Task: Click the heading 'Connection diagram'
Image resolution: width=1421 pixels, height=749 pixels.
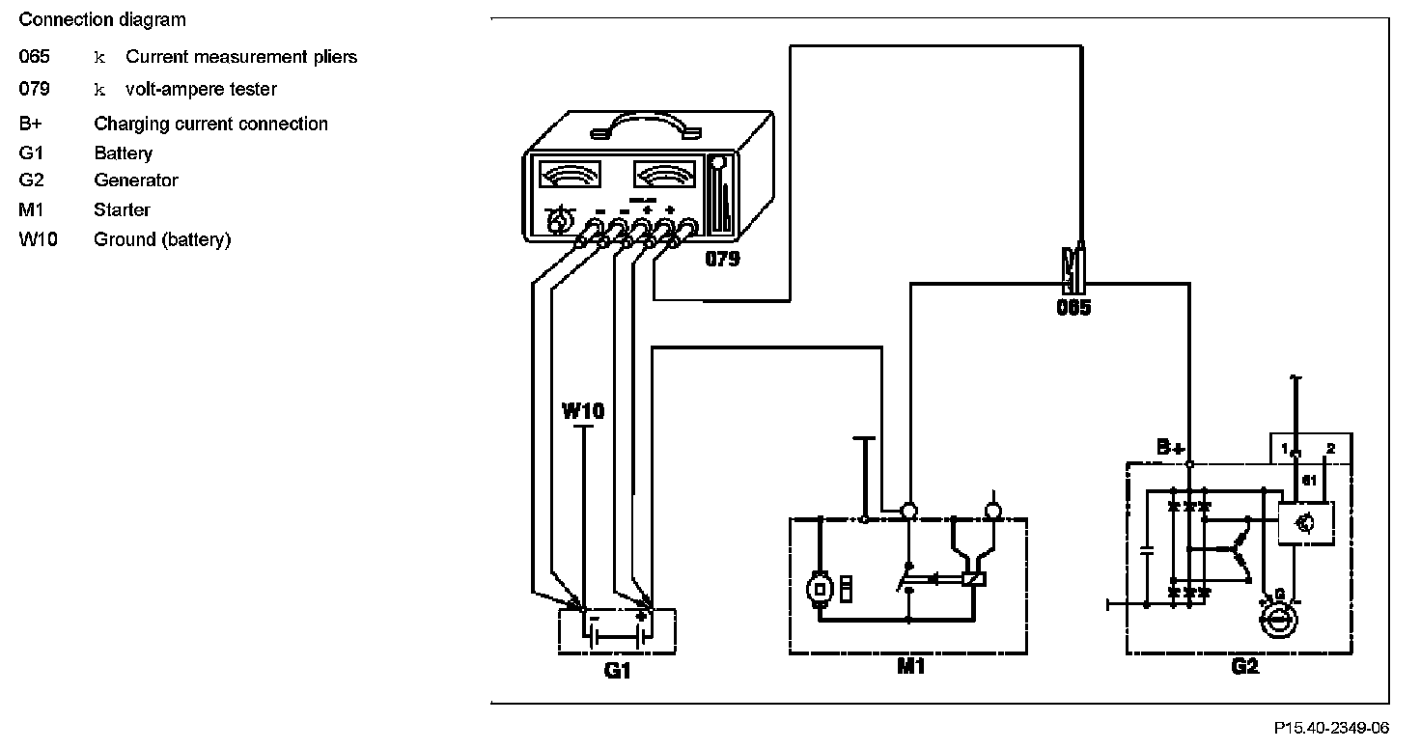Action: click(x=102, y=19)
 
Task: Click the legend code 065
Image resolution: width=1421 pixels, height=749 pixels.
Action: click(x=34, y=57)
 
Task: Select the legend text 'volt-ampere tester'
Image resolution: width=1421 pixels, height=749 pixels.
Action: click(x=201, y=89)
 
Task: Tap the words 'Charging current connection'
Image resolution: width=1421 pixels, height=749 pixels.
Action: click(x=210, y=124)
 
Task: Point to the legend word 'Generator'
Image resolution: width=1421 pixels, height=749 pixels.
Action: click(x=136, y=180)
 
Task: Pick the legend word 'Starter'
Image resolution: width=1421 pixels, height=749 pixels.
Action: click(x=122, y=209)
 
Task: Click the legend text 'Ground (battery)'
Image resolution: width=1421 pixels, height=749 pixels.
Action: click(x=162, y=239)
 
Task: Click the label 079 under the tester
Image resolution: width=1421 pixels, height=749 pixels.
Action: click(x=721, y=259)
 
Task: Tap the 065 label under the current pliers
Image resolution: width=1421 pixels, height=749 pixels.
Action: click(x=1073, y=309)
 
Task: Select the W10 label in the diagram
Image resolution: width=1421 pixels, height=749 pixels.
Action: click(x=582, y=411)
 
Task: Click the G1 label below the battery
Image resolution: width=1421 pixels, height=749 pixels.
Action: click(x=617, y=669)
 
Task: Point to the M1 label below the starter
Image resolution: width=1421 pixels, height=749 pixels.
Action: click(x=910, y=666)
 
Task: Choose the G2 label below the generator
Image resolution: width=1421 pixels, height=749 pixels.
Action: click(x=1245, y=666)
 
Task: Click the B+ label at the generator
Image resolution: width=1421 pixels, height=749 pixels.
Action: click(x=1170, y=447)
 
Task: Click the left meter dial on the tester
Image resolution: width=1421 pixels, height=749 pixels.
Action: click(x=571, y=177)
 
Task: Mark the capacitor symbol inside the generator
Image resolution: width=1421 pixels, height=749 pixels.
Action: click(x=1145, y=552)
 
